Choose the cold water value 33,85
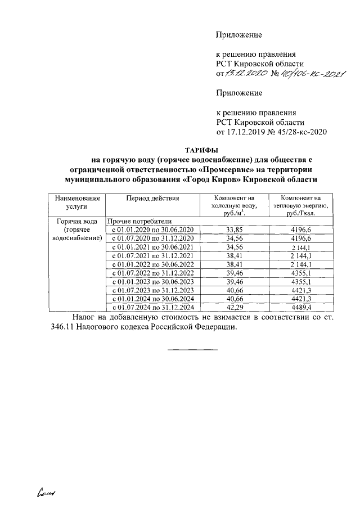coord(233,230)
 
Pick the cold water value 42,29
coord(233,308)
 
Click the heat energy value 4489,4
coord(301,308)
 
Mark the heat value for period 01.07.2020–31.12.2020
coord(301,238)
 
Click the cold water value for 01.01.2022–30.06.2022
coord(233,264)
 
